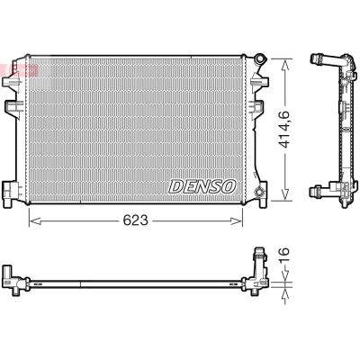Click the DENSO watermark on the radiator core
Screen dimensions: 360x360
pos(202,186)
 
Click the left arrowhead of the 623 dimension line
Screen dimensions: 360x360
pos(32,219)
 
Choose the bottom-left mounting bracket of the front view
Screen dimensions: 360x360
pos(11,190)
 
